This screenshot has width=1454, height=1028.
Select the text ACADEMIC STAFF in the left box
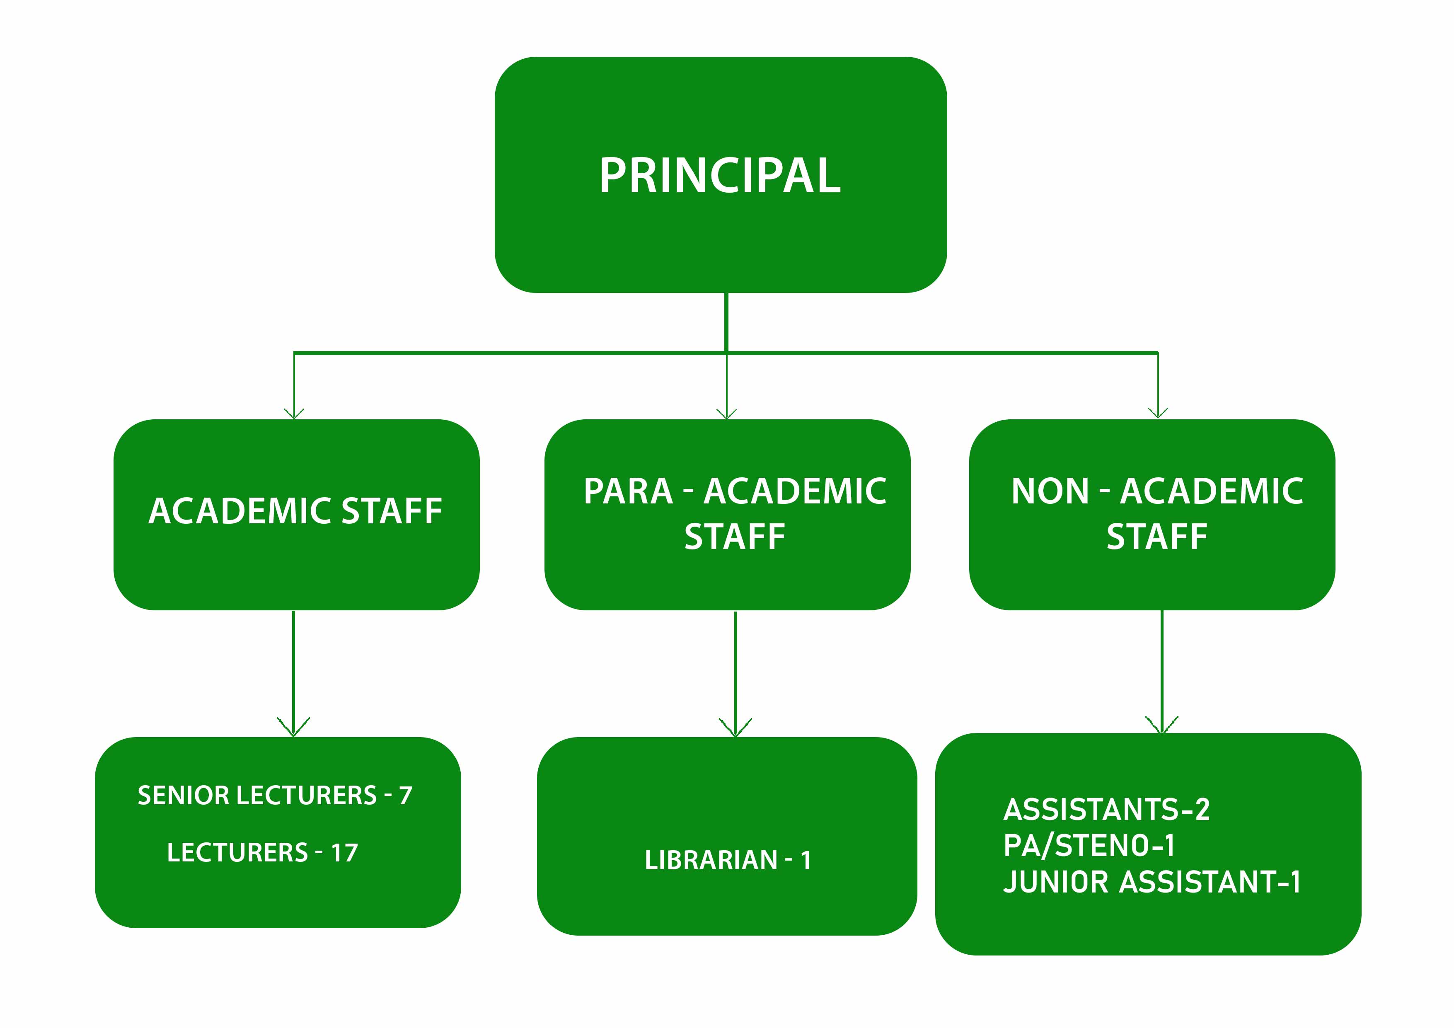coord(295,511)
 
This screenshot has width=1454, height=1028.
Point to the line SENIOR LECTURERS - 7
coord(275,796)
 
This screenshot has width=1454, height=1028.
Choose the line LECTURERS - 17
coord(262,853)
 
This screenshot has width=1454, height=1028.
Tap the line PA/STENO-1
coord(1089,846)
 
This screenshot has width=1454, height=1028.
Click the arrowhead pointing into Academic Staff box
coord(294,413)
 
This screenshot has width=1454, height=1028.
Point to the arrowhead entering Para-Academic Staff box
coord(726,413)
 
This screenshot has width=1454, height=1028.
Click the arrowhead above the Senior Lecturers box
coord(293,727)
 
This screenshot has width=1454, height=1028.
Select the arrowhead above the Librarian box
coord(735,728)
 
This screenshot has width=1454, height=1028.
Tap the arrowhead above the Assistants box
coord(1161,725)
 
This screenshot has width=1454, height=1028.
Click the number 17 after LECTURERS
coord(344,853)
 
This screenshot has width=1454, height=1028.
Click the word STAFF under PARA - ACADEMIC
coord(735,537)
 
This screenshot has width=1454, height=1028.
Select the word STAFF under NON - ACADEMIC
coord(1157,537)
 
